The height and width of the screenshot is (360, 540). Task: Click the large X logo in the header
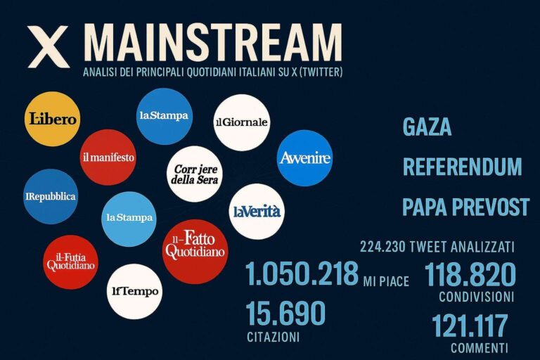click(49, 46)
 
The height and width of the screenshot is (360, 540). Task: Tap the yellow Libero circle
click(52, 119)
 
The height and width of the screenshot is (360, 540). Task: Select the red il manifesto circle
click(108, 157)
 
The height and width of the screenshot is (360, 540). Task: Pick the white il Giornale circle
click(241, 122)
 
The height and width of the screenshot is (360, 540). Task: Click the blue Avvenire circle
click(304, 158)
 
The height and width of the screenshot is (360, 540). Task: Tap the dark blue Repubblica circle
click(51, 196)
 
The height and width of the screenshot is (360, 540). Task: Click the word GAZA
click(427, 127)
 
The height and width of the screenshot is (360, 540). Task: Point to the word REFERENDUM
click(462, 167)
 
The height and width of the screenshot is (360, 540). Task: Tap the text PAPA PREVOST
click(465, 207)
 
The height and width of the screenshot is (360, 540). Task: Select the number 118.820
click(470, 274)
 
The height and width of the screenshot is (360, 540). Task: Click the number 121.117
click(470, 326)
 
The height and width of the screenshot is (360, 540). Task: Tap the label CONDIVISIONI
click(476, 297)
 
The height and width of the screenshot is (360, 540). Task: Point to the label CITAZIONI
click(273, 337)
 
